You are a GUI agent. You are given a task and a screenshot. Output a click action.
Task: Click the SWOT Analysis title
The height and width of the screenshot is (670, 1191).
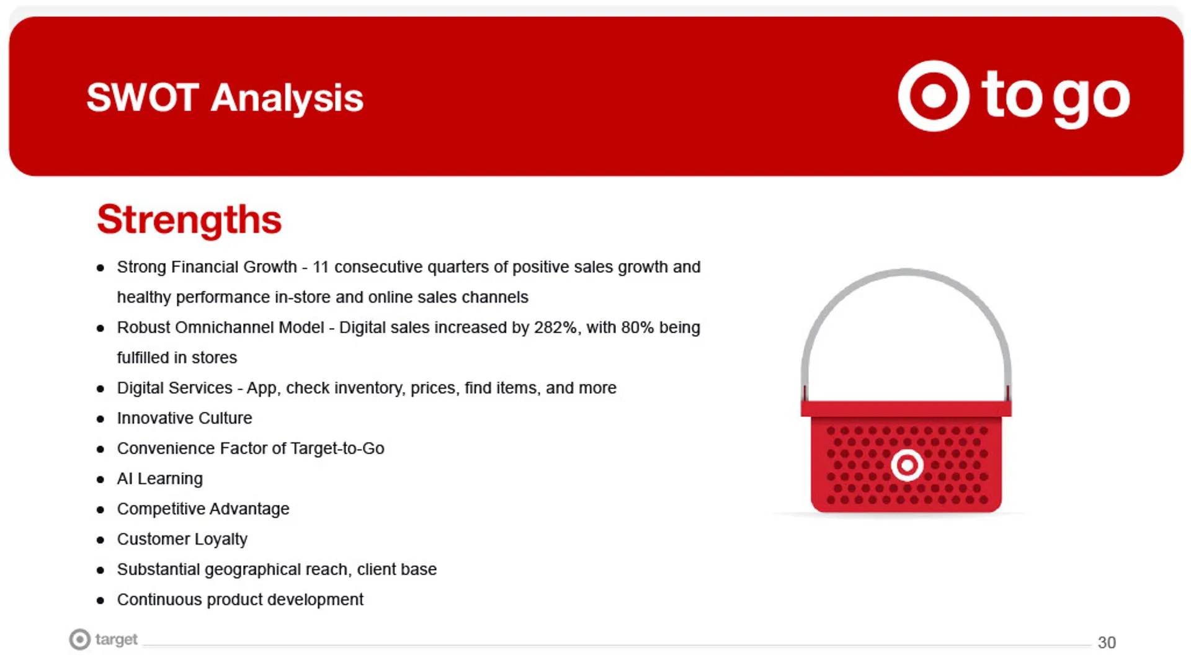pos(225,98)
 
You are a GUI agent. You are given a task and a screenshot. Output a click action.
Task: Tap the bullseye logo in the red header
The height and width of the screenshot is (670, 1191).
pos(934,96)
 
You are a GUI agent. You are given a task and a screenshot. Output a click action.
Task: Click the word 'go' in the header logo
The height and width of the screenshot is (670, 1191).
pos(1092,99)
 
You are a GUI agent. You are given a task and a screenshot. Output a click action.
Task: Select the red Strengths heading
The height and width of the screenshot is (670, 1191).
pos(189,220)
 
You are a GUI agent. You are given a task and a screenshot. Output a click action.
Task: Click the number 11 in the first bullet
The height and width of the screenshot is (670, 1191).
pos(320,267)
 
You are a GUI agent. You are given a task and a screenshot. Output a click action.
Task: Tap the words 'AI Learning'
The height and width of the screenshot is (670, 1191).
pos(160,479)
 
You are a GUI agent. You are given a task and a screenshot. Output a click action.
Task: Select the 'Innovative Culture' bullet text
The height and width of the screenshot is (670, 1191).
pos(185,418)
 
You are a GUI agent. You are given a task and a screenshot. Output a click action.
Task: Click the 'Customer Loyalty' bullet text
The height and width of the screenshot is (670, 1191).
pos(182,539)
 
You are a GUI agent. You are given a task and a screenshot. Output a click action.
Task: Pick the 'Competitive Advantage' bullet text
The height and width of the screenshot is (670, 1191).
pos(203,509)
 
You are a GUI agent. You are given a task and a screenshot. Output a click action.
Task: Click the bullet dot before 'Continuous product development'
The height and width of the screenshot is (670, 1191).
pos(100,601)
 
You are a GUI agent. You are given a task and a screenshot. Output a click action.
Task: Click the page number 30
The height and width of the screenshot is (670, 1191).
pos(1107,643)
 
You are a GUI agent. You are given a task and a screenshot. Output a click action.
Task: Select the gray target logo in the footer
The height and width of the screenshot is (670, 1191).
pos(103,640)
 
